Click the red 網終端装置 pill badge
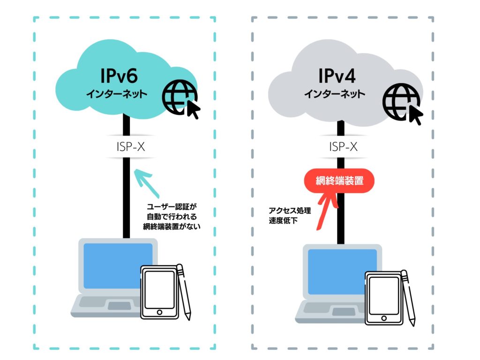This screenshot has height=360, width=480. (339, 180)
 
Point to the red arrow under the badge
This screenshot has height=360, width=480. (326, 211)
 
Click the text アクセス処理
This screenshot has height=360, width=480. (285, 210)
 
